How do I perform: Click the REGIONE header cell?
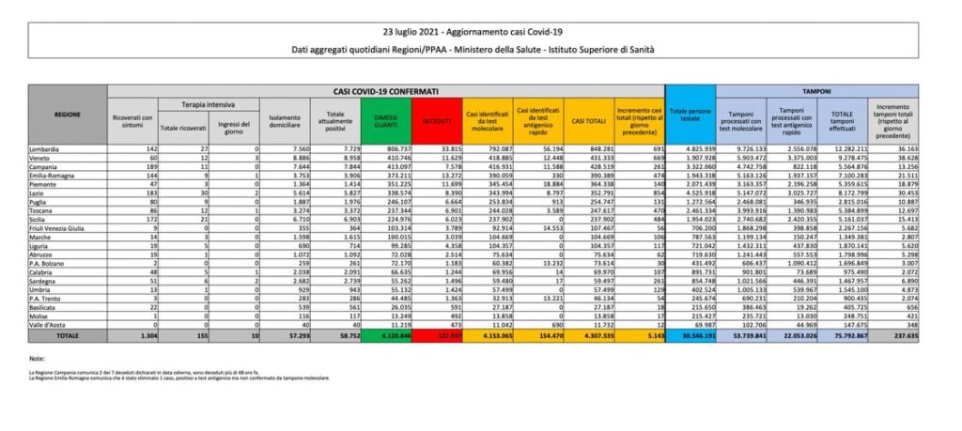coord(68,115)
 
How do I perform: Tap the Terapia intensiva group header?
coord(208,104)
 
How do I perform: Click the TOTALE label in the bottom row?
coord(41,334)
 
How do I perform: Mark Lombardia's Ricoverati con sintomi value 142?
coord(144,148)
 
